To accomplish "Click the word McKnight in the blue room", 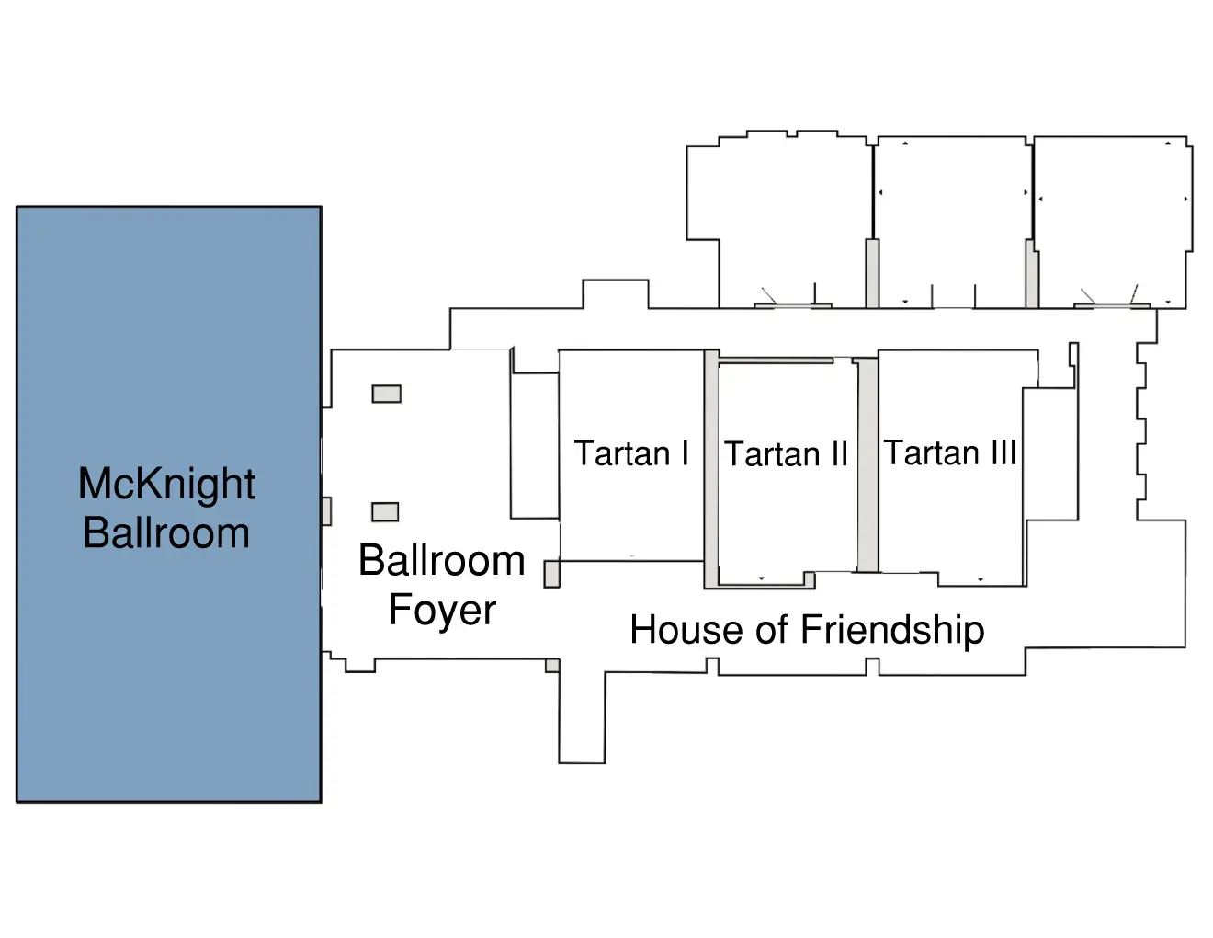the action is click(166, 484).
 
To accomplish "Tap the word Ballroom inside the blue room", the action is click(166, 533).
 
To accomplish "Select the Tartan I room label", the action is click(631, 452).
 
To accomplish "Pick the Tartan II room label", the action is click(786, 453).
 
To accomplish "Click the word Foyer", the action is click(442, 611).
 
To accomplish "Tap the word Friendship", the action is click(892, 631).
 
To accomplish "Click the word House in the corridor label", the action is click(687, 630).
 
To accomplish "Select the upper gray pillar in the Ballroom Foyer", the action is click(386, 394).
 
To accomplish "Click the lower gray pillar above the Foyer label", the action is click(385, 511).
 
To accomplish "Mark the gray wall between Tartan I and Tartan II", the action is click(711, 468).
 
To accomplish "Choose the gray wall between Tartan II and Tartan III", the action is click(867, 464).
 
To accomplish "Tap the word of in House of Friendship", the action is click(773, 630).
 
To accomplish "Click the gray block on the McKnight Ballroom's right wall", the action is click(326, 511).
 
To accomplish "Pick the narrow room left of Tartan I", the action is click(535, 446).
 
